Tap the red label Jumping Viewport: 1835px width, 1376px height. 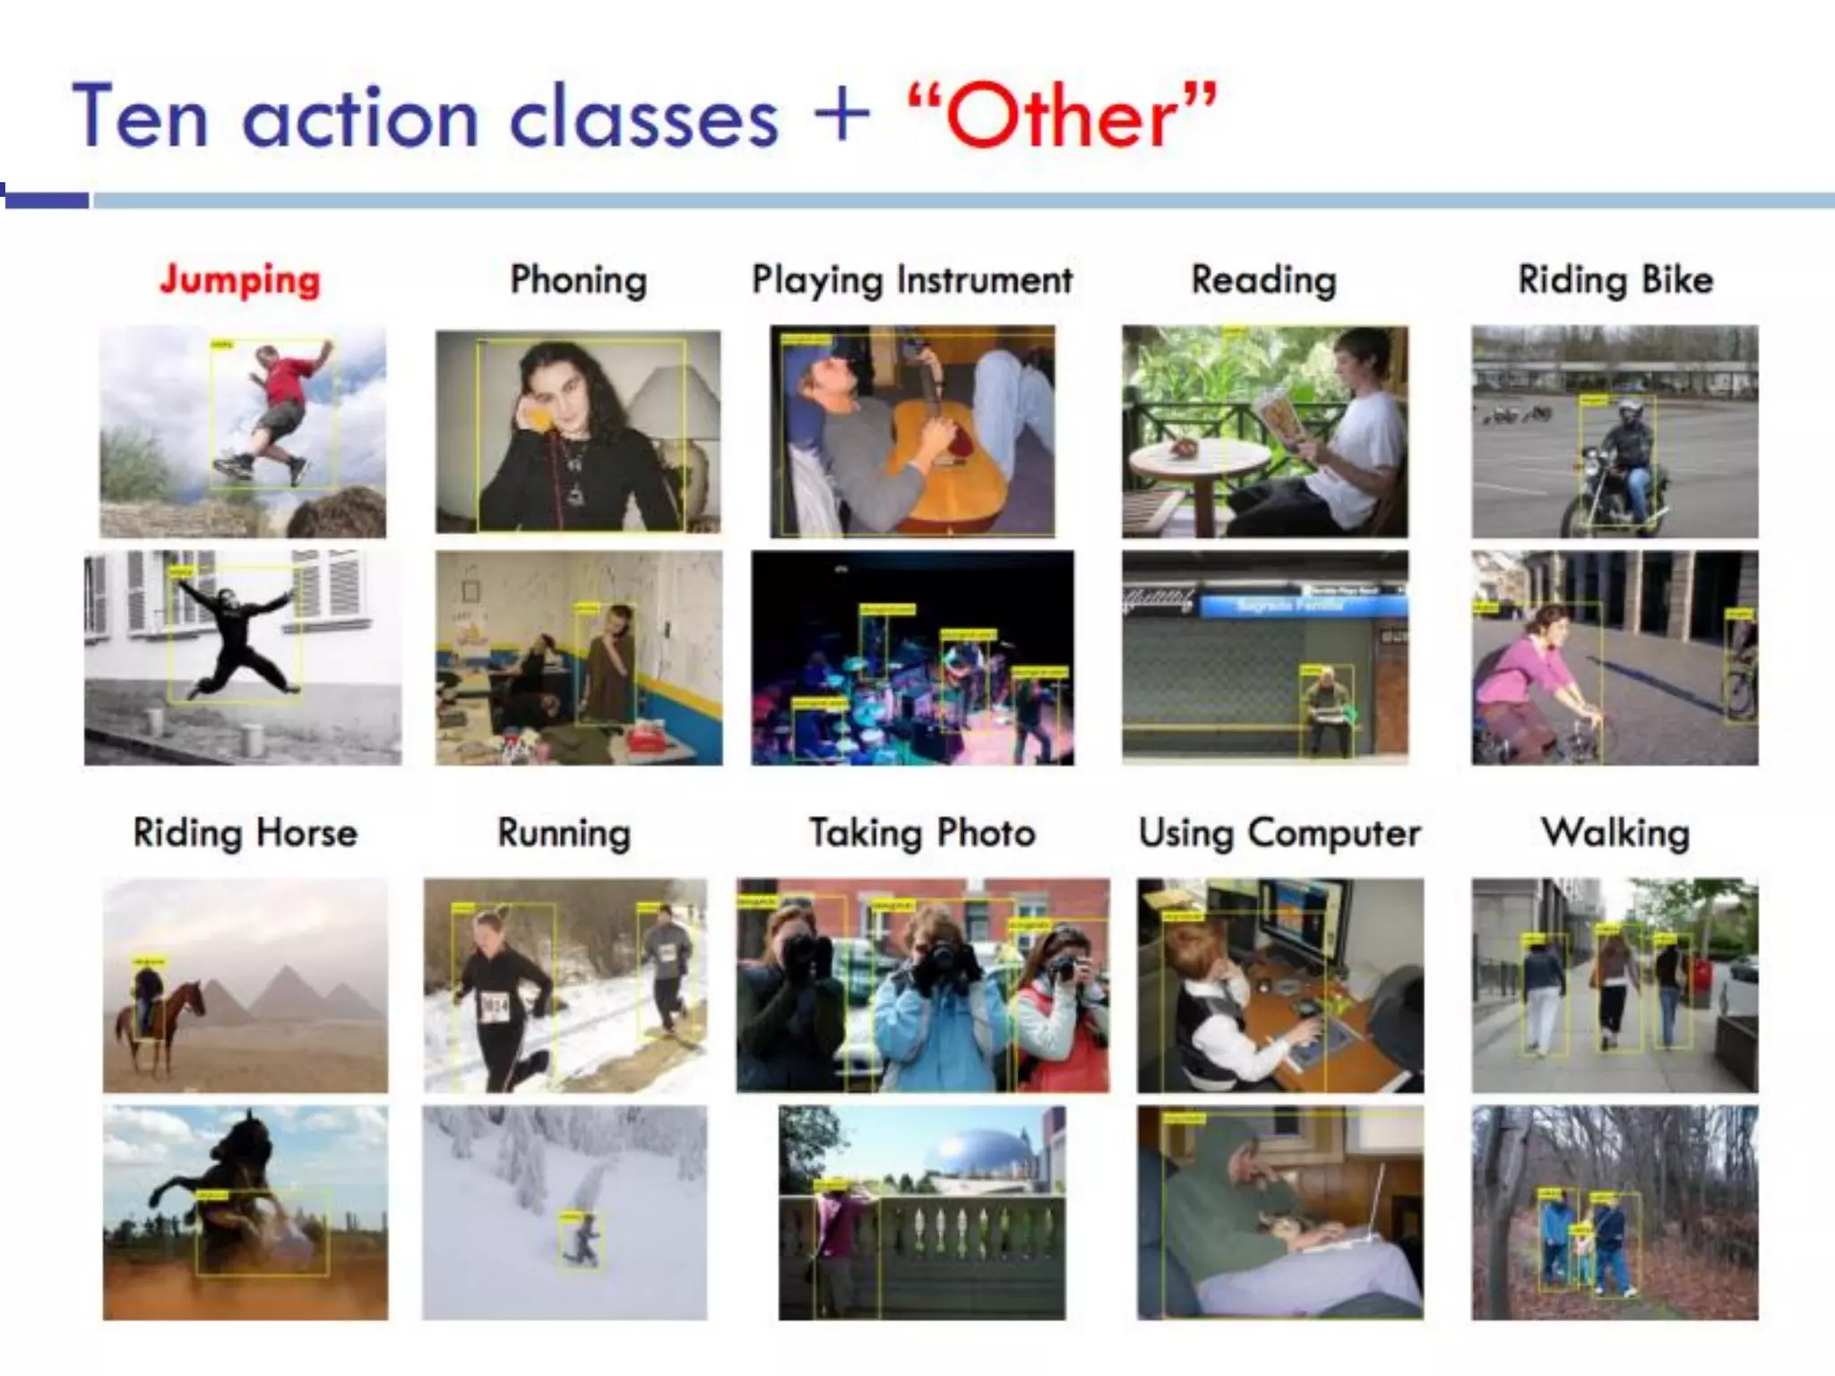[240, 279]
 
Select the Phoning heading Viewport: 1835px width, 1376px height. [578, 279]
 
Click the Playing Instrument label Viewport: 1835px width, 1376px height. [912, 279]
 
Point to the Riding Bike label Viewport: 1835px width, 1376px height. [1615, 279]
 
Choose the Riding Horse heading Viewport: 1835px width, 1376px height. [245, 833]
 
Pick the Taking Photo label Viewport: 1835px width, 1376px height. [922, 833]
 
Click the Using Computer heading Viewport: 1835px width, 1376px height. [1279, 833]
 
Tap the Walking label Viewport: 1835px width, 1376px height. [1615, 833]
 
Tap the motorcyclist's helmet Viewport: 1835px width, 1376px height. [1631, 413]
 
